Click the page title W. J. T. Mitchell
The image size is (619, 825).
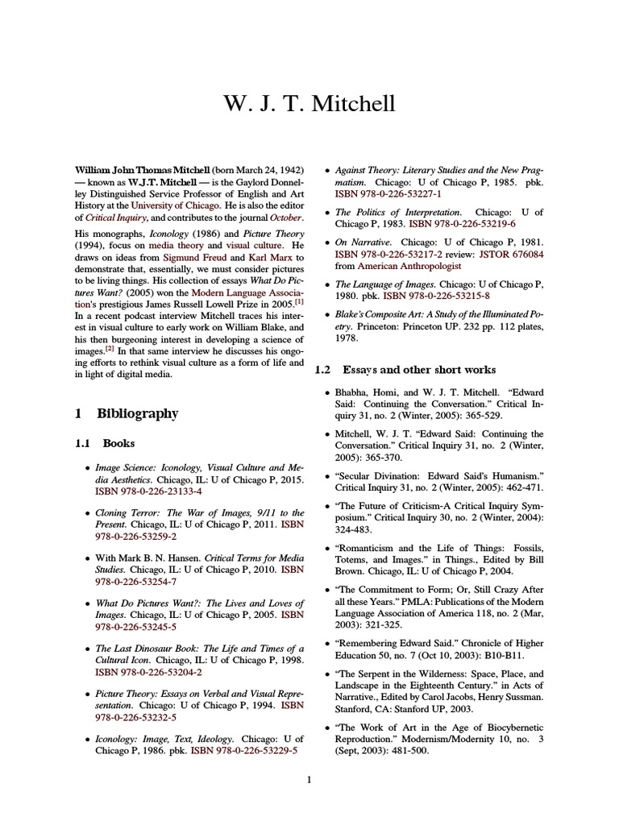[x=309, y=105]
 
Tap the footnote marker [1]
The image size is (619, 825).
[x=299, y=302]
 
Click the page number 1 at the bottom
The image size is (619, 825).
[x=309, y=778]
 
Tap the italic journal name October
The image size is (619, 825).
[x=285, y=218]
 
